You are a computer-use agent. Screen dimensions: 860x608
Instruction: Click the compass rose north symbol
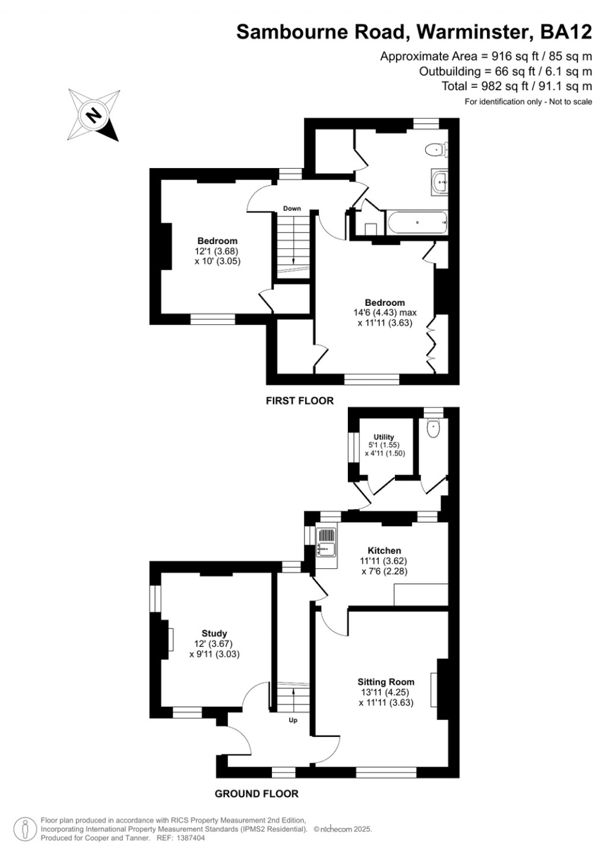click(93, 114)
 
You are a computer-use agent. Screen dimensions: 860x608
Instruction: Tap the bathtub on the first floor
click(416, 223)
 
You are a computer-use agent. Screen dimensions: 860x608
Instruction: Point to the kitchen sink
click(326, 542)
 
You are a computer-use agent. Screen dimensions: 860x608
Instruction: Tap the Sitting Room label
click(386, 682)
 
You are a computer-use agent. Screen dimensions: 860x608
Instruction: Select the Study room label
click(214, 634)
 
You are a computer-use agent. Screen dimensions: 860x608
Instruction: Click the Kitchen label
click(384, 551)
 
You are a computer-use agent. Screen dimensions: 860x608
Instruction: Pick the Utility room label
click(384, 437)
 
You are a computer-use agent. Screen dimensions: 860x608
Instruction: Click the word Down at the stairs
click(292, 208)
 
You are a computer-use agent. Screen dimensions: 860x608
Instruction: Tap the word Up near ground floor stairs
click(293, 720)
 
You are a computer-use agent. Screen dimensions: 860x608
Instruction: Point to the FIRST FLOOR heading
click(300, 401)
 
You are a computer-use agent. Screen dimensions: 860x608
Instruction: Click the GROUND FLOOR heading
click(256, 793)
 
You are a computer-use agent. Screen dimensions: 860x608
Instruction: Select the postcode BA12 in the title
click(565, 31)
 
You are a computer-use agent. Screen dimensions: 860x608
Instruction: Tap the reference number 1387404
click(190, 838)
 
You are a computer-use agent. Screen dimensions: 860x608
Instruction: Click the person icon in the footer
click(25, 829)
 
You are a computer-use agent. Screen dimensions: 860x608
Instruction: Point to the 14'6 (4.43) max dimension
click(385, 313)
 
